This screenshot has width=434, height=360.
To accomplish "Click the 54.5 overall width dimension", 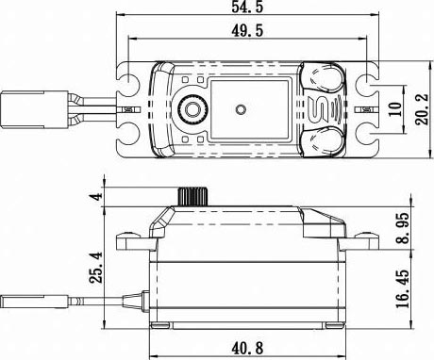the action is (247, 7).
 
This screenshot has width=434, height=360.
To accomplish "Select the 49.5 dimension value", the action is (247, 31).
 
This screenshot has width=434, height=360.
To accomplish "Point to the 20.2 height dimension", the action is (422, 109).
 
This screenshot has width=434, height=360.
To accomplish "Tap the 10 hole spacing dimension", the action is (395, 109).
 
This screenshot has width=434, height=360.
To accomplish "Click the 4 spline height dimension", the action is (97, 197).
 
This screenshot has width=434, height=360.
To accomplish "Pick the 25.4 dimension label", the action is (96, 268).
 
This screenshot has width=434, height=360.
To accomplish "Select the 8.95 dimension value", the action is (403, 228).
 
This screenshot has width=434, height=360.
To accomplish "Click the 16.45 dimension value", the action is (403, 288).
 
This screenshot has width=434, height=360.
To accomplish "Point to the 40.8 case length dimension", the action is (247, 348).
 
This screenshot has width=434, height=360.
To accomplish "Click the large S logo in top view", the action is (318, 109).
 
